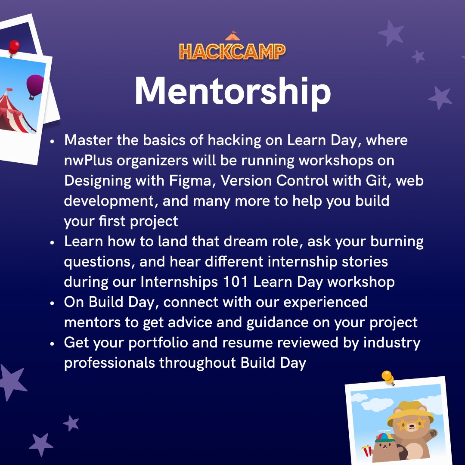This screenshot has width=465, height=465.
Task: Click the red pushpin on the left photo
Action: click(14, 46)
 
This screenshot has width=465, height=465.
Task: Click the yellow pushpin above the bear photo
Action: click(387, 377)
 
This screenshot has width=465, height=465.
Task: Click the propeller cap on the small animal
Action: click(384, 436)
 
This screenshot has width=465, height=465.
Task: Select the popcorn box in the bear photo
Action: click(366, 451)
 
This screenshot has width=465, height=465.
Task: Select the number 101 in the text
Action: click(236, 282)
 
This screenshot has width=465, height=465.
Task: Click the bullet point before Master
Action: click(52, 141)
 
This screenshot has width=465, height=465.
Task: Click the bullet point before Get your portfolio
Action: click(52, 344)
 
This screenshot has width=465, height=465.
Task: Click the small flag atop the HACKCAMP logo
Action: click(233, 33)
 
